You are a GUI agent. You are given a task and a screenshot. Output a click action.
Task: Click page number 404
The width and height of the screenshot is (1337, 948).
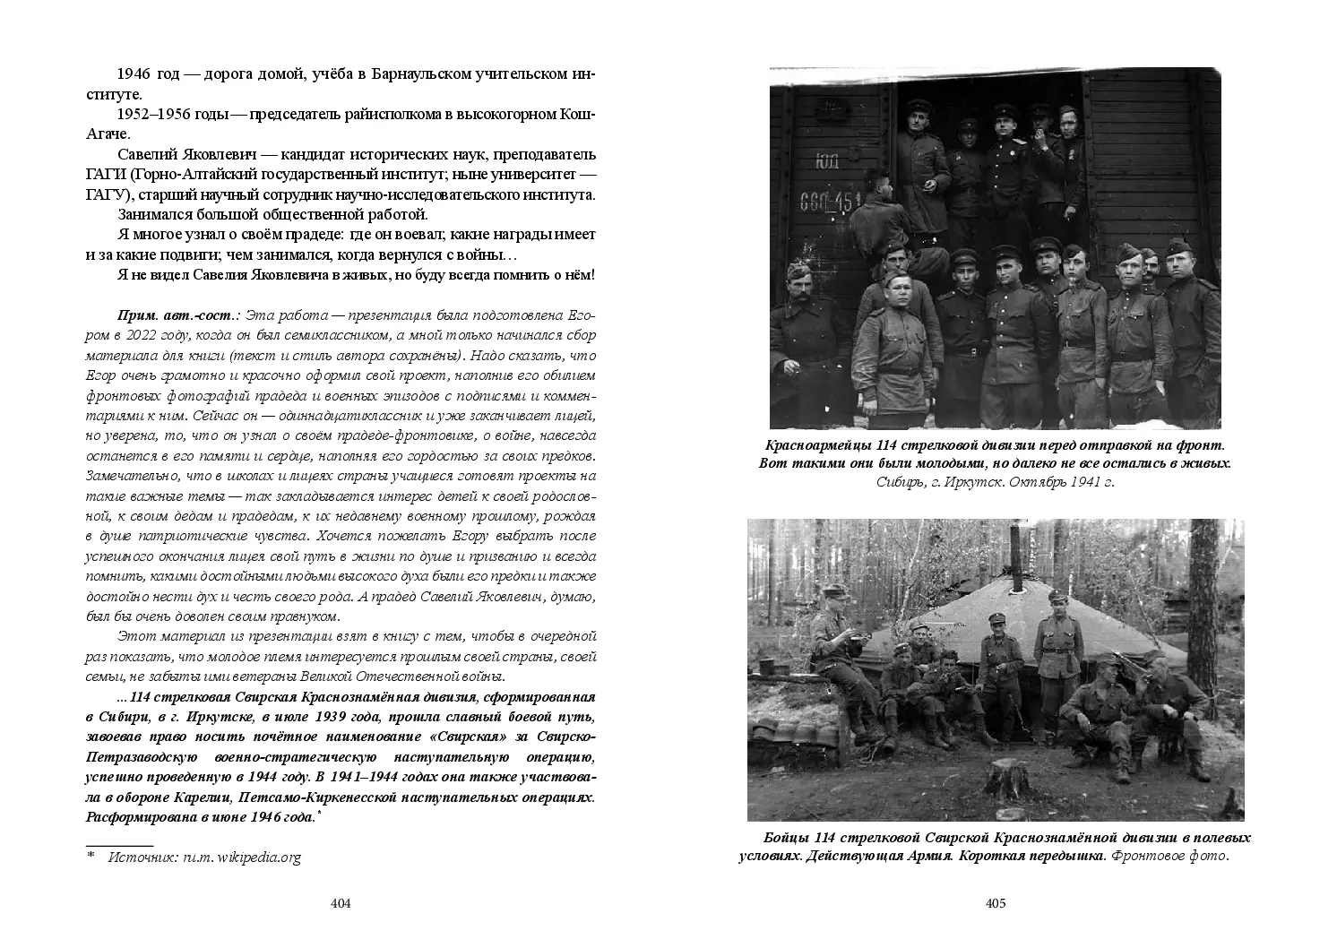[x=340, y=903]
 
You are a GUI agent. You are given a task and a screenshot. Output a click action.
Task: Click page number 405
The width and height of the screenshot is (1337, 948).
[x=996, y=903]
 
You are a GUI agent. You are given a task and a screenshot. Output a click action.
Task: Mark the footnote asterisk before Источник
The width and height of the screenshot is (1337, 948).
[x=91, y=856]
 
